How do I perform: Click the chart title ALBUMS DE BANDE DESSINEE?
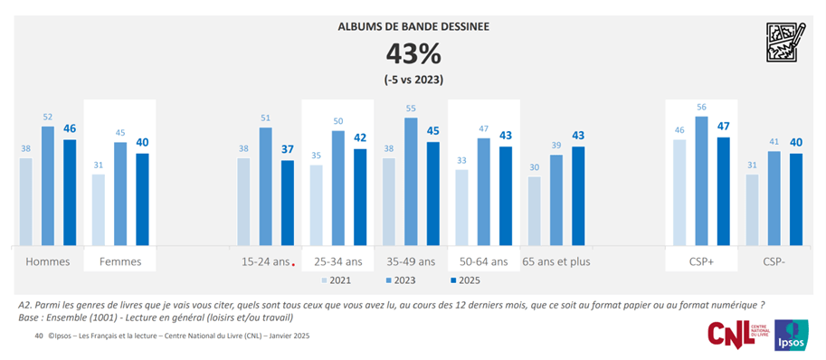point(413,26)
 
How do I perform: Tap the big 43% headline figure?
point(413,54)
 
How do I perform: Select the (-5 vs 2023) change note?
point(413,81)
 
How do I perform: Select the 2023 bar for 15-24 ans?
point(265,186)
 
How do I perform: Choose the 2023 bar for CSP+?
point(701,180)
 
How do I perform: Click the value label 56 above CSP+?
point(701,107)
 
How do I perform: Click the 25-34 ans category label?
point(337,261)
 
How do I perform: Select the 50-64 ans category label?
point(481,261)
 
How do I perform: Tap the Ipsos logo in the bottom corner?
point(793,336)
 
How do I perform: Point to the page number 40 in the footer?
point(39,336)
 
